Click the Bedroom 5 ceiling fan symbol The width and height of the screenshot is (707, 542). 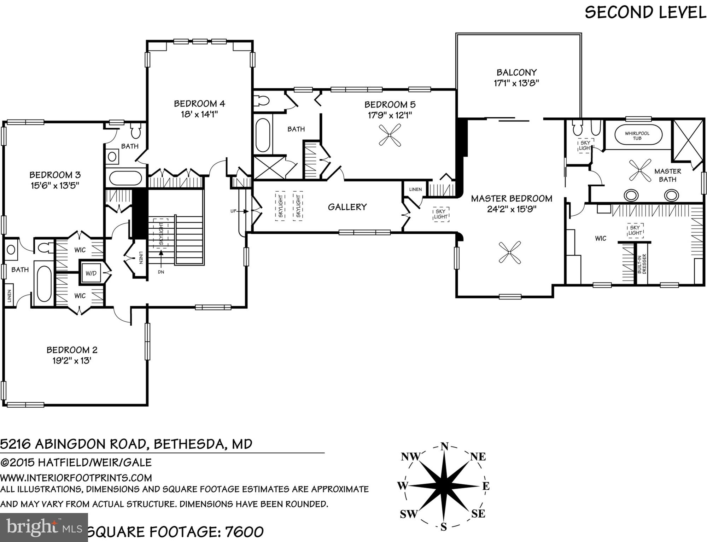click(x=390, y=135)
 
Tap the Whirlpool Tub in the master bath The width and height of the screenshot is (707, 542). click(x=637, y=135)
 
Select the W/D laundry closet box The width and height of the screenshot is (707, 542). click(x=91, y=273)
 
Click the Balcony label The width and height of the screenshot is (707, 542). click(x=516, y=72)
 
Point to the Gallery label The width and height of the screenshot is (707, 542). click(x=347, y=207)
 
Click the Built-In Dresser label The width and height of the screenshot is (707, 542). click(x=642, y=263)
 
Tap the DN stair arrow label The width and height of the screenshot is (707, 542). click(x=161, y=272)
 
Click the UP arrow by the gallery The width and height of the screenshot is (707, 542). click(x=234, y=211)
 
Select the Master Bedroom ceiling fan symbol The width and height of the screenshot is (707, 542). click(x=510, y=252)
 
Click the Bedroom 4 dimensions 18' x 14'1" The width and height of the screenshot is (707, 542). click(x=199, y=115)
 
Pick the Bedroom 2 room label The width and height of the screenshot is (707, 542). click(x=72, y=350)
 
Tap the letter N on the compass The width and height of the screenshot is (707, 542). click(x=444, y=447)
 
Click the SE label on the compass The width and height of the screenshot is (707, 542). click(x=478, y=513)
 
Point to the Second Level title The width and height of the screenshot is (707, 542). click(x=645, y=12)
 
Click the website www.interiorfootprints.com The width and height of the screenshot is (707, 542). click(x=76, y=478)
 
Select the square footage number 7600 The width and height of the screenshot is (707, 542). click(x=244, y=532)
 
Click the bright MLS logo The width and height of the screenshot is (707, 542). click(x=44, y=528)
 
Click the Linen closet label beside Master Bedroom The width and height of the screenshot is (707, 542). click(x=415, y=190)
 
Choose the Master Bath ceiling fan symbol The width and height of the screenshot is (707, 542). click(x=640, y=170)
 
